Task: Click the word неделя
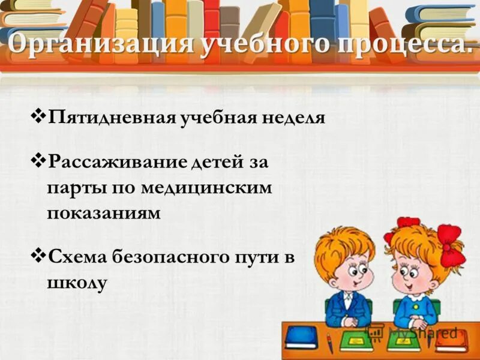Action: pyautogui.click(x=294, y=116)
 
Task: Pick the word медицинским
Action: pyautogui.click(x=207, y=187)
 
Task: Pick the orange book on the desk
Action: pyautogui.click(x=451, y=340)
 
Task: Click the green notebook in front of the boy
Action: pyautogui.click(x=356, y=340)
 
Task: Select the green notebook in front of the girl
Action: pyautogui.click(x=403, y=340)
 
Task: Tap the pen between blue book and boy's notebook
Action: pyautogui.click(x=329, y=343)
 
